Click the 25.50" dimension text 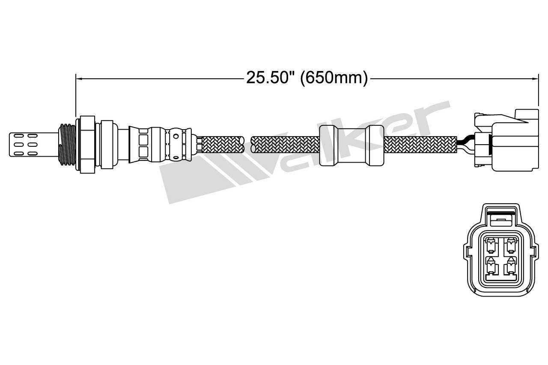(271, 78)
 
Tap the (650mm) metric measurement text (334, 78)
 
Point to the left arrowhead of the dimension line (78, 78)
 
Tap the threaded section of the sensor (66, 144)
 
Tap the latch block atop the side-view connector (527, 116)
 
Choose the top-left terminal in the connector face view (490, 246)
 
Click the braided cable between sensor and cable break (222, 144)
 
